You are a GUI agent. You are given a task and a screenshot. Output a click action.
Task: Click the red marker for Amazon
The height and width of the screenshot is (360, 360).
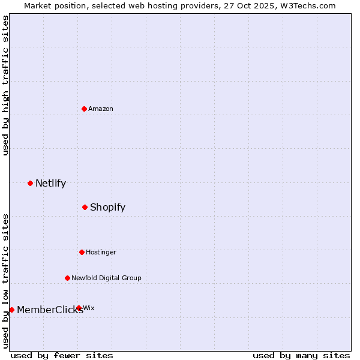pos(85,109)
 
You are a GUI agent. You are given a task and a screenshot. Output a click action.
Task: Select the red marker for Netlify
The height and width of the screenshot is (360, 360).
pos(30,183)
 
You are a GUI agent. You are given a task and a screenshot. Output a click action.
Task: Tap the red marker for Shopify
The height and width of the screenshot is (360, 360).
pos(85,207)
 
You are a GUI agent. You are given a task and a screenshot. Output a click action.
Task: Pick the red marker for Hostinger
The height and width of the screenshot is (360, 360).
pos(82,252)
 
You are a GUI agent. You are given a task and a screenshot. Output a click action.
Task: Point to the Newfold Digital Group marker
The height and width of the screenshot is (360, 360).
pos(67,278)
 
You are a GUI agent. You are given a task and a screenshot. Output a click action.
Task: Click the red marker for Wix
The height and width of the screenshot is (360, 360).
pos(79,308)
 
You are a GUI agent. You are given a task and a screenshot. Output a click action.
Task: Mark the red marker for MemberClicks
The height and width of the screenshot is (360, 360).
pos(11,310)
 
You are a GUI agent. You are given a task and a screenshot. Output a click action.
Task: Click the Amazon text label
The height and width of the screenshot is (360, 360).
pos(101,109)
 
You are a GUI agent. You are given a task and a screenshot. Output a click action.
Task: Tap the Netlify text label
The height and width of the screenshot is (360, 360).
pos(50,183)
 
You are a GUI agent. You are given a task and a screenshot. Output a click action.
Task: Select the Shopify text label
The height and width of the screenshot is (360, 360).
pos(107,207)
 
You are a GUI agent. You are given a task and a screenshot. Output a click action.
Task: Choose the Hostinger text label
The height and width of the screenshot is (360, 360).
pos(101,252)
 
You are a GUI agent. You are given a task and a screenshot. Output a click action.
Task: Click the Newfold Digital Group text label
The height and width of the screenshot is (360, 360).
pos(106,278)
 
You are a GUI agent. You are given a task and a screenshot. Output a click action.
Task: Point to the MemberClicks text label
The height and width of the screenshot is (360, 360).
pos(50,310)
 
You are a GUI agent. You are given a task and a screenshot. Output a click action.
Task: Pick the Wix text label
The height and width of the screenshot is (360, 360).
pos(89,308)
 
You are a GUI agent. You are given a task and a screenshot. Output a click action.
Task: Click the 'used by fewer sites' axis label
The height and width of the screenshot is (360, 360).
pos(62,355)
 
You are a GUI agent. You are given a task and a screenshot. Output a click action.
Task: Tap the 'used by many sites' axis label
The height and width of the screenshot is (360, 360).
pos(301,355)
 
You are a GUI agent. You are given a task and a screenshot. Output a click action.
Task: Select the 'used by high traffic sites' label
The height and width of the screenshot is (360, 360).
pos(6,86)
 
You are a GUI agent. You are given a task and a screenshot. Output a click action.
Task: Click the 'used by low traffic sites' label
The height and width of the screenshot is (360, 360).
pos(6,281)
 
